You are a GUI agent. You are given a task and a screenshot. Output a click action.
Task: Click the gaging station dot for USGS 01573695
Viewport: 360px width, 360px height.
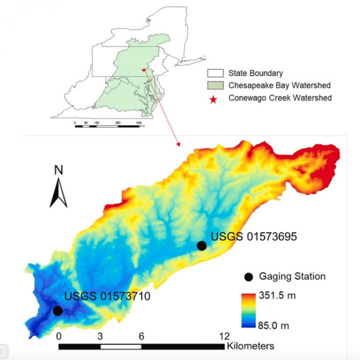[x=201, y=245]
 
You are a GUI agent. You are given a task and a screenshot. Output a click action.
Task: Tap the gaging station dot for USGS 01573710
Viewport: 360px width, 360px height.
[x=57, y=310]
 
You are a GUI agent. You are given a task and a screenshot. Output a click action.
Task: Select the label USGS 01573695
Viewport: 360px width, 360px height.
[x=253, y=236]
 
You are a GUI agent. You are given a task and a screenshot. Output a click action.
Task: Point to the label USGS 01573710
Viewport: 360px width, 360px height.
[x=107, y=297]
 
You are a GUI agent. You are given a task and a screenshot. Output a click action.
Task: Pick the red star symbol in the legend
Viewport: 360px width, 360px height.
[x=213, y=99]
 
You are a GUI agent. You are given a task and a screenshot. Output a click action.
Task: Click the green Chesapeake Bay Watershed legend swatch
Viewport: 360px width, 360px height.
[x=213, y=85]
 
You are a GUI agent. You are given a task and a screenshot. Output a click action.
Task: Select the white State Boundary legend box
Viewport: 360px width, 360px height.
[x=213, y=73]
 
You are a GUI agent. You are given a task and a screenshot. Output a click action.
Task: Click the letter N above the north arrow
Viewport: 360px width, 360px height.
[x=58, y=170]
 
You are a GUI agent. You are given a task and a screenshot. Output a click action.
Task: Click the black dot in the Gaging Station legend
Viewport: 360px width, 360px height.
[x=248, y=276]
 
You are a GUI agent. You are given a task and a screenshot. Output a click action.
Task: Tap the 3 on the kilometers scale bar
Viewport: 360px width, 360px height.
[x=100, y=335]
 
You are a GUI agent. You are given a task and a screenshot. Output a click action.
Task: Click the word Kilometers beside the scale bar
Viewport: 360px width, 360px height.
[x=250, y=345]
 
